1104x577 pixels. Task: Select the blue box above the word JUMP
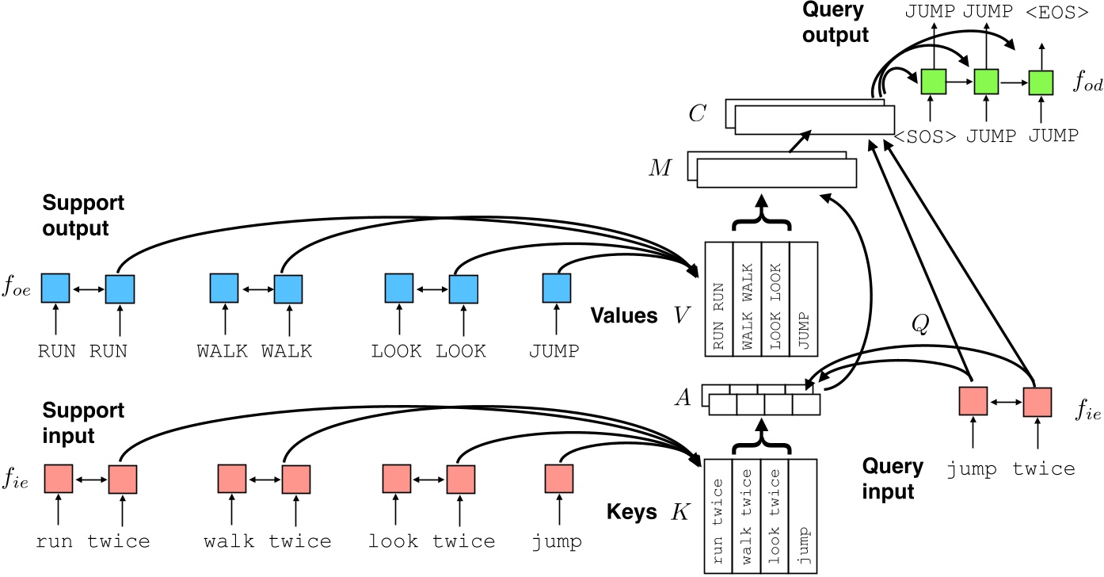[556, 287]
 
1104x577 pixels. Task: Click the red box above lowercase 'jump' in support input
[559, 479]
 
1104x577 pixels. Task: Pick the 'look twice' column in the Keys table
[775, 515]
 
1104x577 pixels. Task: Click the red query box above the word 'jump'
[973, 401]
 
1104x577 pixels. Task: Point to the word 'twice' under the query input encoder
[1044, 469]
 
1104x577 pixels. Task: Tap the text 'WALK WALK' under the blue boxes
[254, 351]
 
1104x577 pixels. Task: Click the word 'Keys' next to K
[634, 512]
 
